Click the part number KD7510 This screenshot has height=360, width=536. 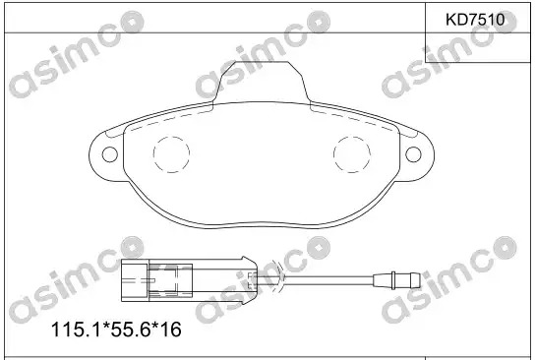(475, 20)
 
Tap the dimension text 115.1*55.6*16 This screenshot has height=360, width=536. (116, 330)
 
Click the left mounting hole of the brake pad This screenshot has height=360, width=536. (110, 154)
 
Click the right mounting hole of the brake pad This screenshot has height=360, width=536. (413, 154)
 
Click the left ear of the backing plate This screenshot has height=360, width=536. (97, 154)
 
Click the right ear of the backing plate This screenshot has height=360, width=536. (426, 154)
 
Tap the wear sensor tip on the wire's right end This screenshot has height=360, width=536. (396, 280)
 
